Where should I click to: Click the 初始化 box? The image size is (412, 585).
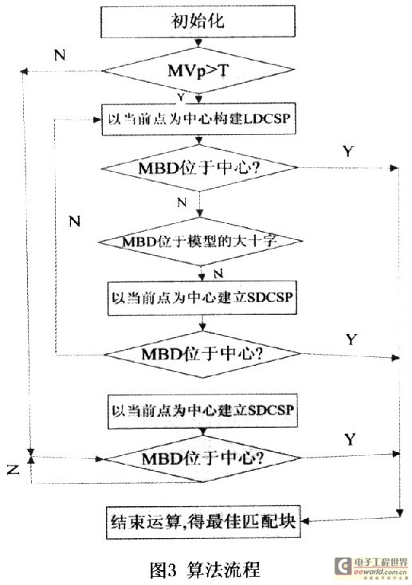(198, 22)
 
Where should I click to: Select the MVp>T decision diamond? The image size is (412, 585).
(198, 70)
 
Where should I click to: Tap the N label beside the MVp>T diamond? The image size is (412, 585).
(60, 55)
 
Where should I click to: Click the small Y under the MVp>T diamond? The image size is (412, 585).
(181, 97)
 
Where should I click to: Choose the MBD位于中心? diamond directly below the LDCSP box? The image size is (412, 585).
(199, 168)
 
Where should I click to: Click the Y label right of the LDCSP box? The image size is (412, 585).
(347, 151)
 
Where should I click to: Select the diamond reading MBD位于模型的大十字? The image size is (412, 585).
(200, 241)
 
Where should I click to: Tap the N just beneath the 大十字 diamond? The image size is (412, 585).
(218, 274)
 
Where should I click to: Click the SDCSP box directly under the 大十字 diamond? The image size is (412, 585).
(202, 298)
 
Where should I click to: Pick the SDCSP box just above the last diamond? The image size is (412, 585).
(202, 410)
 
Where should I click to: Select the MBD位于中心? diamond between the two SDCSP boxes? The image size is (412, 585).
(202, 354)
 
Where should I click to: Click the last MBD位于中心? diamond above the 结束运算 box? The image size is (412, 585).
(202, 458)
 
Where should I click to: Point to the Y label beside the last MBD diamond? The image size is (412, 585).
(350, 439)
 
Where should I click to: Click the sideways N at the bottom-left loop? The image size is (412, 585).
(14, 469)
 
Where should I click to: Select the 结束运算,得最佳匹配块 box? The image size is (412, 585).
(203, 522)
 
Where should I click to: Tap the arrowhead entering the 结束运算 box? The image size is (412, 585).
(305, 521)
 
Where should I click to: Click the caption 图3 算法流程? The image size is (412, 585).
(205, 569)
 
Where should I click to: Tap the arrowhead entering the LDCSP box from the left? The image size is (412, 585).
(98, 120)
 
